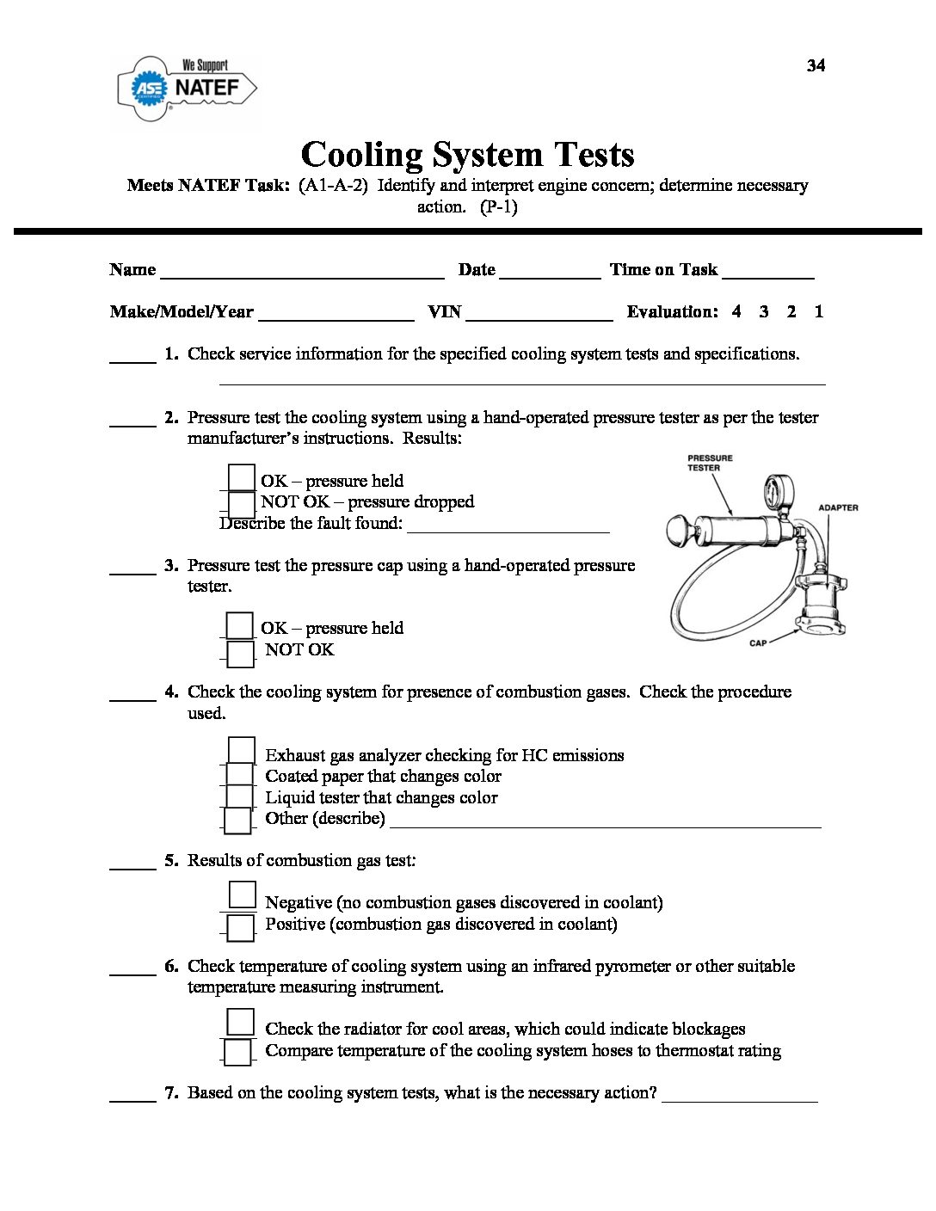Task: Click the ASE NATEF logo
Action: click(x=187, y=88)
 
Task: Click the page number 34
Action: click(x=816, y=66)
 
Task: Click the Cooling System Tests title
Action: click(x=467, y=155)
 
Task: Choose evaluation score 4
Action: click(x=736, y=312)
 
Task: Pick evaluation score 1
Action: click(x=818, y=312)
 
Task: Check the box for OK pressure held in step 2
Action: click(x=242, y=478)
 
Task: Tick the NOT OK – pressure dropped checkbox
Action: click(x=242, y=504)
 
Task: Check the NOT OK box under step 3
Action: click(x=241, y=654)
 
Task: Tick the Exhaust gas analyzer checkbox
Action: click(x=242, y=751)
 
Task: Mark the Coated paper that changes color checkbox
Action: click(x=240, y=775)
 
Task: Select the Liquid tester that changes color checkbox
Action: click(x=240, y=797)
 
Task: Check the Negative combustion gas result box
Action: click(x=243, y=895)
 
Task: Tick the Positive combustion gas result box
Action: click(x=241, y=927)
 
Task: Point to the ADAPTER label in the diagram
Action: click(x=837, y=508)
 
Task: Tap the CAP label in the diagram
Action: click(x=757, y=643)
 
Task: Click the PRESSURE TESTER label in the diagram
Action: click(x=709, y=463)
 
